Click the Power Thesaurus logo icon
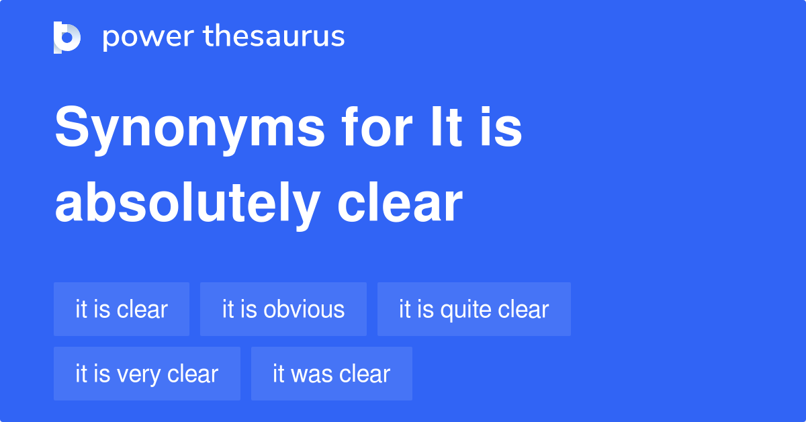tap(67, 37)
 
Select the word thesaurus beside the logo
tap(275, 37)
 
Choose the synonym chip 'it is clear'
tap(122, 309)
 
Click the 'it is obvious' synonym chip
tap(283, 309)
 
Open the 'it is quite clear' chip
tap(474, 309)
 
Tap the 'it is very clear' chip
tap(147, 374)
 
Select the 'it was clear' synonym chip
tap(332, 374)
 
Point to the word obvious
tap(304, 309)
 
